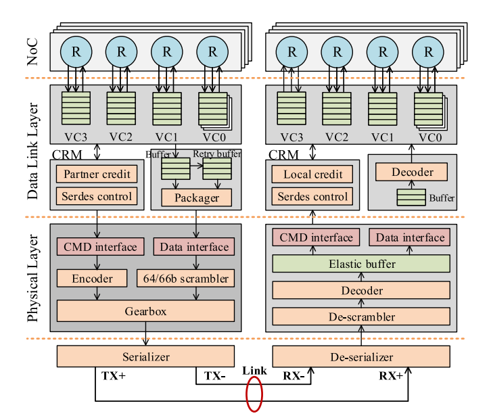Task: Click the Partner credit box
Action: [97, 174]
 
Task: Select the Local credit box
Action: [313, 174]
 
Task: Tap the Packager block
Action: [196, 197]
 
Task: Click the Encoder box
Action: [93, 278]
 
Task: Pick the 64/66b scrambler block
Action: [194, 278]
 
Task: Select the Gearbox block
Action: [145, 310]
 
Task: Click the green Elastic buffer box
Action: [361, 264]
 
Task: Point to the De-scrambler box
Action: [361, 316]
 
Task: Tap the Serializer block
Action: [145, 356]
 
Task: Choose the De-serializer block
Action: [361, 356]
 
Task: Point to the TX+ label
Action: [113, 375]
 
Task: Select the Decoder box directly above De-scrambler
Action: [361, 290]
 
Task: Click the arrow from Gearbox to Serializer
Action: [145, 334]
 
